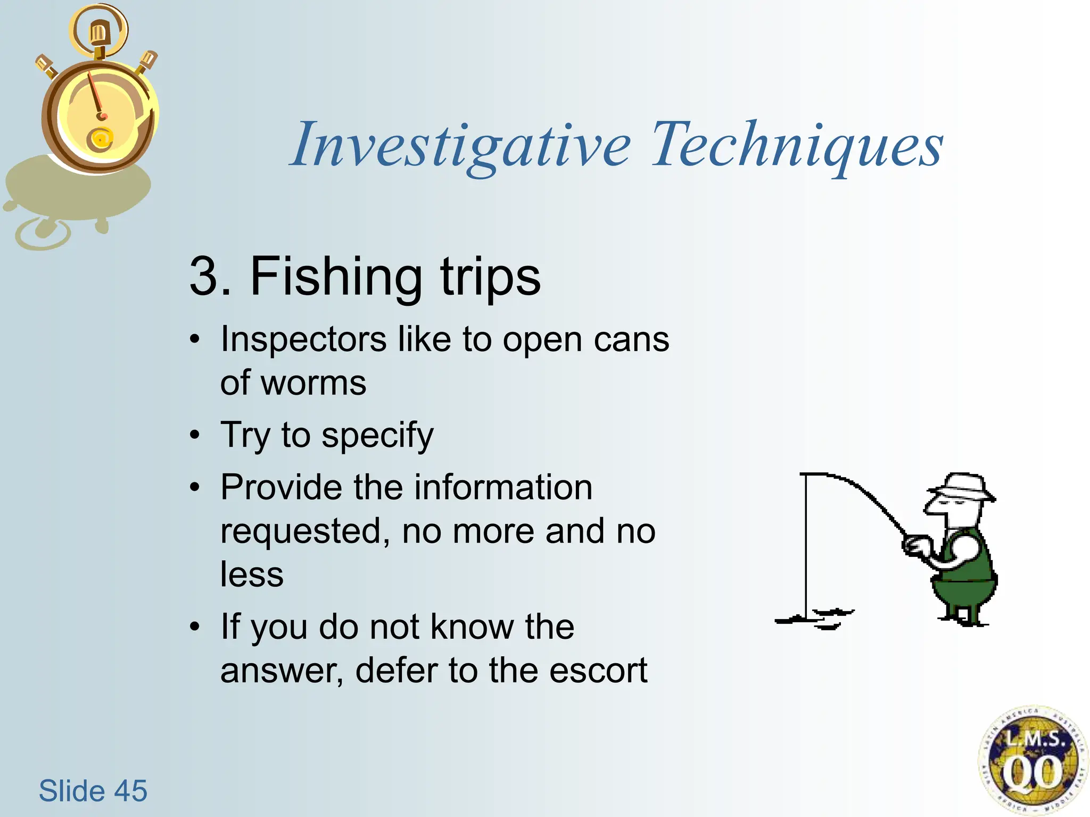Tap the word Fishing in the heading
click(x=336, y=277)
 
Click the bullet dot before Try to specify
click(x=195, y=435)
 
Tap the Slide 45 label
click(x=93, y=790)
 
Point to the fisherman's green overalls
click(x=966, y=580)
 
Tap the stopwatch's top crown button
click(x=98, y=33)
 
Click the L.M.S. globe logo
click(x=1031, y=761)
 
